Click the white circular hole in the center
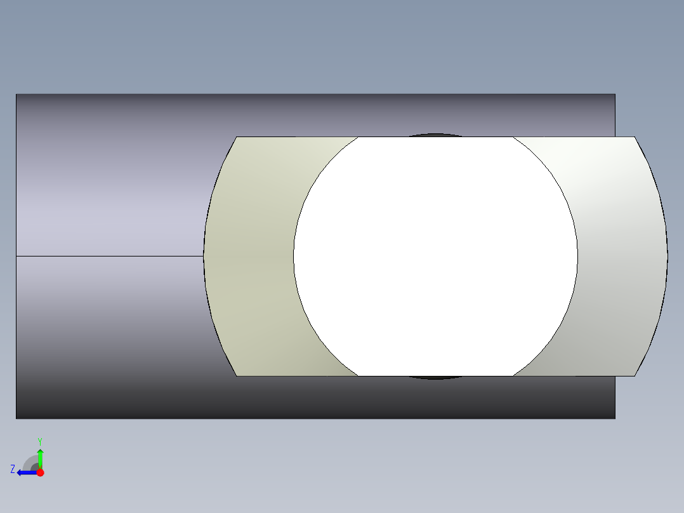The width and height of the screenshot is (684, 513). tap(435, 256)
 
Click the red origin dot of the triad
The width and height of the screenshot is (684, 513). tap(40, 472)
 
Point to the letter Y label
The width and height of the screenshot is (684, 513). tap(40, 441)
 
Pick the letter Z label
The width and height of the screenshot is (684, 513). tap(13, 469)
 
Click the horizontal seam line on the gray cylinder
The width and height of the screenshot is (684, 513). tap(108, 256)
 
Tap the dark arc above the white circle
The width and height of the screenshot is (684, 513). tap(435, 135)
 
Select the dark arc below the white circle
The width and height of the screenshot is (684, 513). tap(435, 378)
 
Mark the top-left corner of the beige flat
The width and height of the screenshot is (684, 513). tap(237, 137)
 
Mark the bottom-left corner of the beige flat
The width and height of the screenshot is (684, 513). tap(237, 376)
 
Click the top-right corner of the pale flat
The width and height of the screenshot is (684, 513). tap(635, 137)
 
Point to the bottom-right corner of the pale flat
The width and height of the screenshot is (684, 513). tap(635, 376)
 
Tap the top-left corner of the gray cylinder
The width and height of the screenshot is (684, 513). tap(16, 95)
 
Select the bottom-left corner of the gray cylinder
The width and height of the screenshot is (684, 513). tap(16, 418)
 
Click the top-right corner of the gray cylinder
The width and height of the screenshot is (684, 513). tap(615, 95)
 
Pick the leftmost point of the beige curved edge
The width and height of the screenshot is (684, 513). tap(204, 256)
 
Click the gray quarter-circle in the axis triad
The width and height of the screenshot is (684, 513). tap(30, 463)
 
